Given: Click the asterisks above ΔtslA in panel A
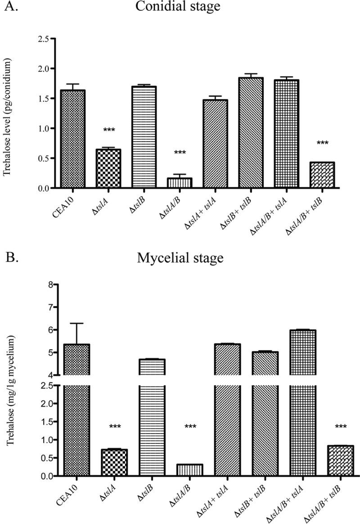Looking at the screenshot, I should point(108,130).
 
